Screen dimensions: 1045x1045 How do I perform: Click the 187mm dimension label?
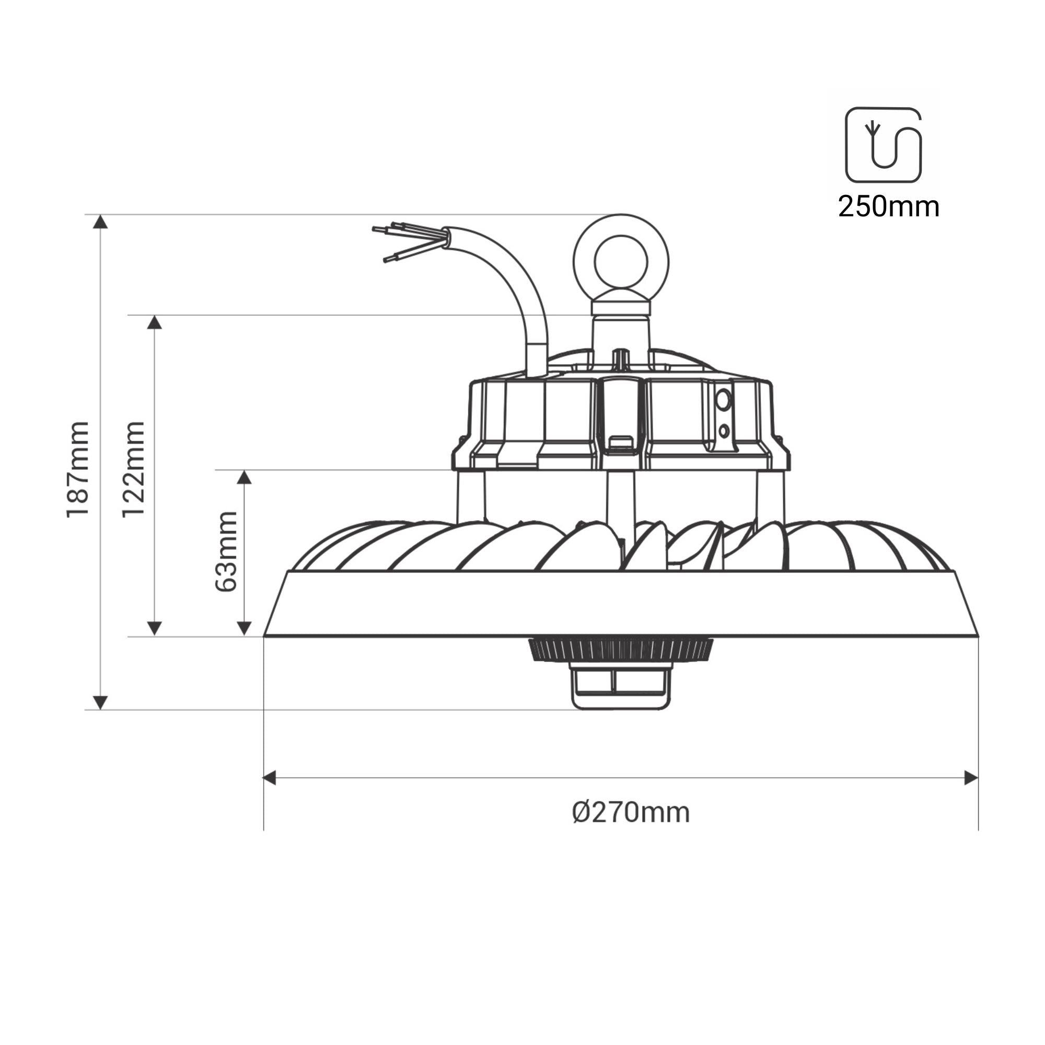(78, 470)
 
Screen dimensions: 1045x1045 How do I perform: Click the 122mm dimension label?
(134, 470)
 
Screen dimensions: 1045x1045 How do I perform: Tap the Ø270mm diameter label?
(631, 813)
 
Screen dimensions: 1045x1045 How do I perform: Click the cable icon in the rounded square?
(883, 144)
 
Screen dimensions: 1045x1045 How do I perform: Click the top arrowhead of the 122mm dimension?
(155, 322)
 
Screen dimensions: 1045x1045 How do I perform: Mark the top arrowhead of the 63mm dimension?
(245, 477)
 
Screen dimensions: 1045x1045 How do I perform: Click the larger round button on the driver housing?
(722, 401)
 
